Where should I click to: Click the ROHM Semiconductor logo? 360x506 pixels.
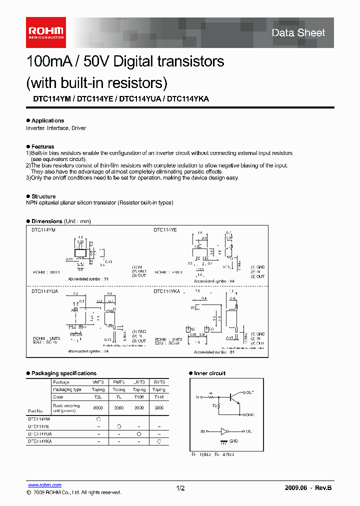[x=45, y=32]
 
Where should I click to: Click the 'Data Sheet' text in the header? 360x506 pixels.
[x=298, y=33]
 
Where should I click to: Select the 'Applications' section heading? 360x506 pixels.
[x=47, y=120]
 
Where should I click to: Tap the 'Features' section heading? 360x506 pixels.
[x=42, y=146]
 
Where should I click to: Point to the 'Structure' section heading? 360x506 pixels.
[x=43, y=196]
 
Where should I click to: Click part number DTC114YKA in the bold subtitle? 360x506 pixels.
[x=188, y=99]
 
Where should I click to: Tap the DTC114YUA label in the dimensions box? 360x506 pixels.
[x=44, y=290]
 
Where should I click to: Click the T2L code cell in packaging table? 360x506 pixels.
[x=98, y=397]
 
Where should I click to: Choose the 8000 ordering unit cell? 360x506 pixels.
[x=98, y=407]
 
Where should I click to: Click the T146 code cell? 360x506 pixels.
[x=158, y=397]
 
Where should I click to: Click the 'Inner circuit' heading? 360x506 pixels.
[x=209, y=373]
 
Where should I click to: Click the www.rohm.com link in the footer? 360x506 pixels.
[x=44, y=485]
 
